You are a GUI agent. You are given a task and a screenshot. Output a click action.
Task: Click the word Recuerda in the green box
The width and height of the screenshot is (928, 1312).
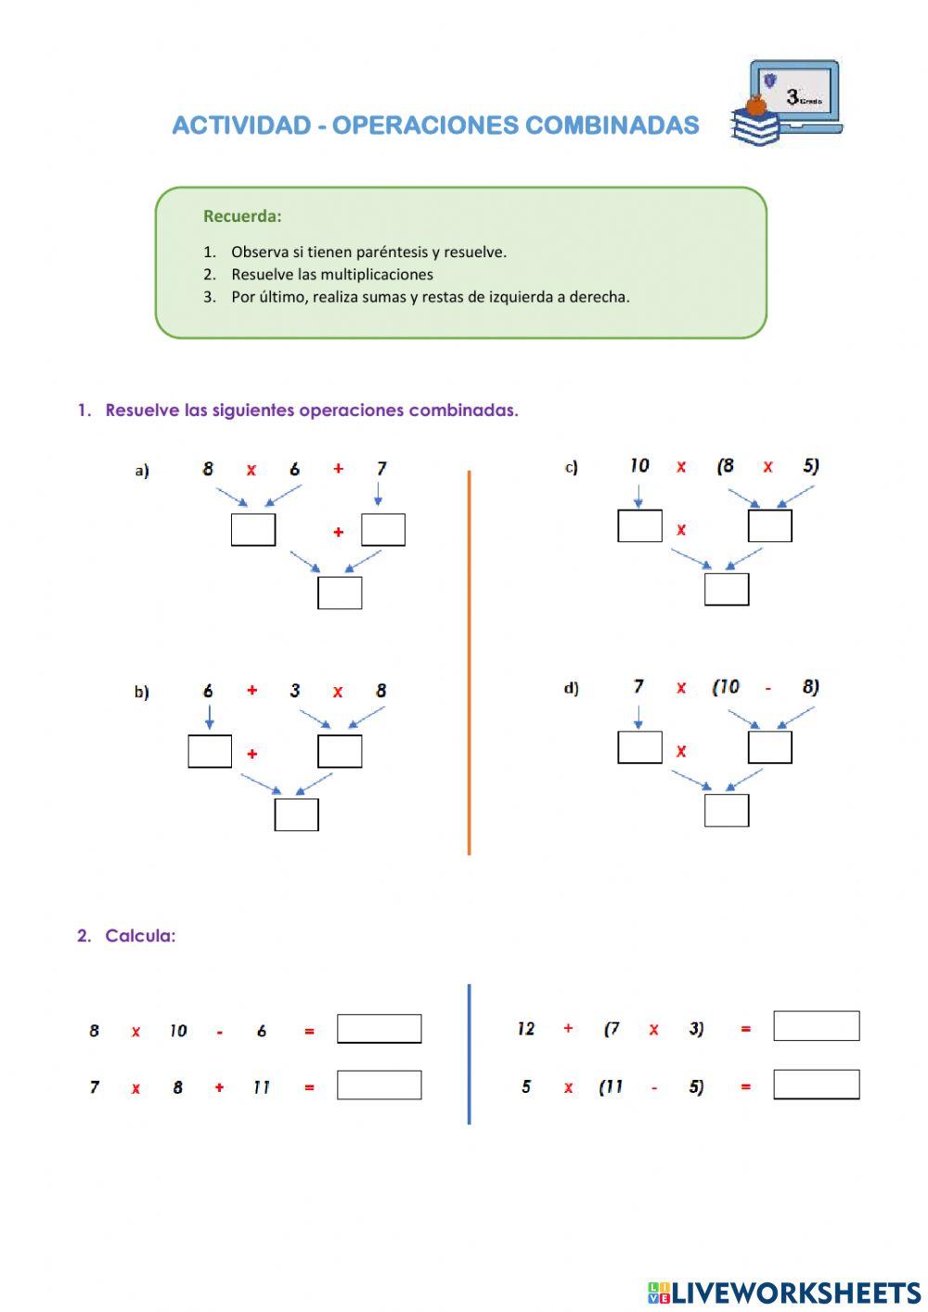241,216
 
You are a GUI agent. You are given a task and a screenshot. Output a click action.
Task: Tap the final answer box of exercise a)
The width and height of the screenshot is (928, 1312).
340,592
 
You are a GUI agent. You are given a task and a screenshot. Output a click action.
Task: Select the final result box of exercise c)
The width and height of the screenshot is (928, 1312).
726,589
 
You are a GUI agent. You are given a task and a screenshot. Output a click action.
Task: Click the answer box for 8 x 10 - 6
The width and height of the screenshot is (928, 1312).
379,1029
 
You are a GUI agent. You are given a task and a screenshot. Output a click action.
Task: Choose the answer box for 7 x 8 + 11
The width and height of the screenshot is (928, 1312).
379,1085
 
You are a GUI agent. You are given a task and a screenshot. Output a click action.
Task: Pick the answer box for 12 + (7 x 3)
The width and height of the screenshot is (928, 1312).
816,1026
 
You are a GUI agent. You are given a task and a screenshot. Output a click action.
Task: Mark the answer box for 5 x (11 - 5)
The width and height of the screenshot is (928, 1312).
816,1084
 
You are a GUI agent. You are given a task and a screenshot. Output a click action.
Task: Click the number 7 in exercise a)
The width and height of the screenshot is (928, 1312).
381,469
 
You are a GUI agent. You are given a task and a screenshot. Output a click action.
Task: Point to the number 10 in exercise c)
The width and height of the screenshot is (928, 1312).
639,466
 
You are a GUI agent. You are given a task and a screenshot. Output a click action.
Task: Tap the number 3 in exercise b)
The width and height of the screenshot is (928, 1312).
295,691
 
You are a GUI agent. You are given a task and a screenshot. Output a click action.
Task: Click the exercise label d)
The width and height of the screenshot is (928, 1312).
571,688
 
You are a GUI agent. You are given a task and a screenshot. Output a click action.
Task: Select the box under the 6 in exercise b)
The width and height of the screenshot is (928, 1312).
210,751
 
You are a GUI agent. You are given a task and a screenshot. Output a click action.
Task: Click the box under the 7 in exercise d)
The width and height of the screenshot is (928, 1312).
639,747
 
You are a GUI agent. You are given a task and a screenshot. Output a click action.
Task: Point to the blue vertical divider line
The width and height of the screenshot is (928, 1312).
469,1054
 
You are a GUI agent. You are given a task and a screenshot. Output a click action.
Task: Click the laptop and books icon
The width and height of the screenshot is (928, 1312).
785,102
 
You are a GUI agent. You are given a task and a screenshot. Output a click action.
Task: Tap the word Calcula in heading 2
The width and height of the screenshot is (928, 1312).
140,936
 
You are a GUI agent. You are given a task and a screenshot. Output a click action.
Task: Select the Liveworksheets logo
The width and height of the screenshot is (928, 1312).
784,1292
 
